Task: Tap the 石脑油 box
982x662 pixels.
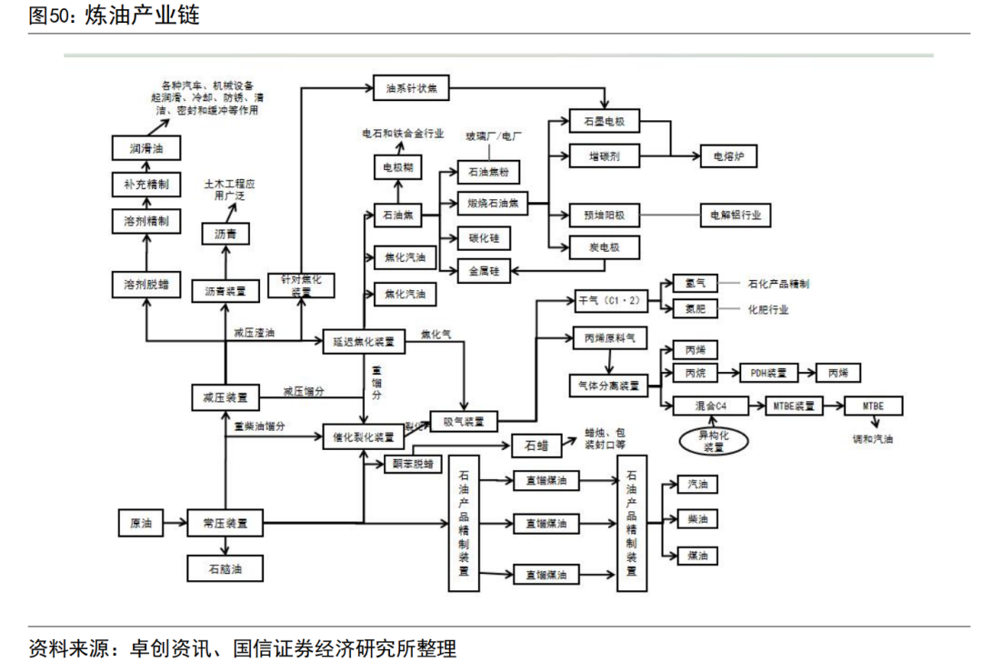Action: click(x=225, y=569)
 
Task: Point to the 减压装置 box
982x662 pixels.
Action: click(x=225, y=396)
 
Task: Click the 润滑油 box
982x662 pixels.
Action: click(x=140, y=146)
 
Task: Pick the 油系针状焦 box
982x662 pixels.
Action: click(x=411, y=88)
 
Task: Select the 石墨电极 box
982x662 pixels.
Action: click(x=605, y=121)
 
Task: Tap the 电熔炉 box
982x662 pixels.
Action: click(x=727, y=156)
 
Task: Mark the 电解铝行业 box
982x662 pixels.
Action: click(x=735, y=216)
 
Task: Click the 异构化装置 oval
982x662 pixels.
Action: click(x=716, y=442)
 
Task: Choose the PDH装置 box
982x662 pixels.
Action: click(x=767, y=373)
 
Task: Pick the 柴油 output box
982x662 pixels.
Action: click(x=697, y=519)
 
